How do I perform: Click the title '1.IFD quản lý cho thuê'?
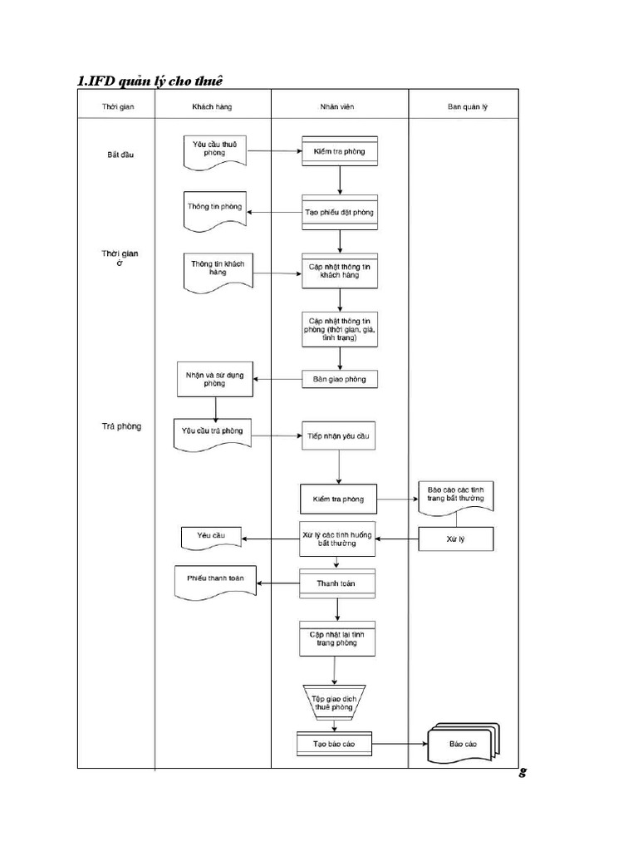coord(150,81)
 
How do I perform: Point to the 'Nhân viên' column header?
coord(339,106)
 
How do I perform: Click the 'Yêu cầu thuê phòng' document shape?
coord(215,151)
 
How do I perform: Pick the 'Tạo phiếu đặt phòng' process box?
coord(339,212)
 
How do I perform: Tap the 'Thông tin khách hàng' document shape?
coord(215,270)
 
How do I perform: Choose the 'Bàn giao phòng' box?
coord(339,379)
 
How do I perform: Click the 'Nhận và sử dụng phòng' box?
coord(214,378)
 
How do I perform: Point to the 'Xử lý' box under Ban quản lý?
coord(455,539)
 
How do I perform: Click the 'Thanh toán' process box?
coord(337,583)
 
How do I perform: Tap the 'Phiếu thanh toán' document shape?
coord(215,580)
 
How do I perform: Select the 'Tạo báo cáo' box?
coord(335,744)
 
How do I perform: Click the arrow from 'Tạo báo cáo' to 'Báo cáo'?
coord(400,744)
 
